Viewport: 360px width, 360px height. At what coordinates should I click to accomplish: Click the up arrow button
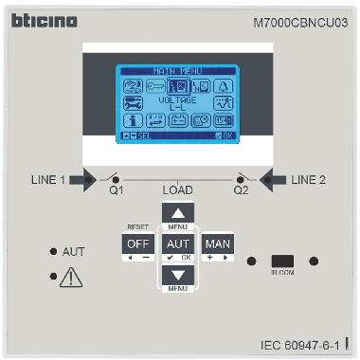(x=179, y=212)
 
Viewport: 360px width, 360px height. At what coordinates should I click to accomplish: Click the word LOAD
(x=178, y=190)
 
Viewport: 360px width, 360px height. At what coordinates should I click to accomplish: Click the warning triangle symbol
(x=71, y=279)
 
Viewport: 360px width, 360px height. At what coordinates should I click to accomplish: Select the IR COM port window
(x=282, y=261)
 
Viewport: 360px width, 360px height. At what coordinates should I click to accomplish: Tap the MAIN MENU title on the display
(x=178, y=70)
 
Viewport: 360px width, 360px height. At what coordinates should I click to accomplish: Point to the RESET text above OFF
(x=136, y=227)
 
